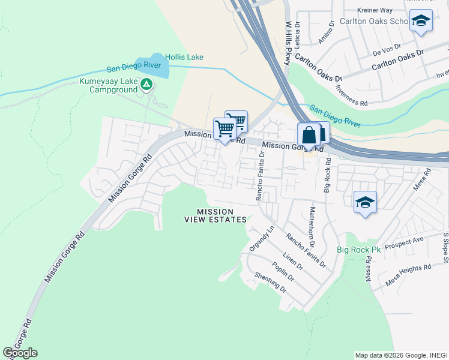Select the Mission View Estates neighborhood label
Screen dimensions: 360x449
pos(215,215)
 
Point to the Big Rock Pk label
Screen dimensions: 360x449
pos(352,249)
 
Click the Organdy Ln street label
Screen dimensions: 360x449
pos(262,239)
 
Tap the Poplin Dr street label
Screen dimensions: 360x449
pos(283,271)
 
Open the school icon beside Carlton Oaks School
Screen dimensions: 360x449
pos(421,22)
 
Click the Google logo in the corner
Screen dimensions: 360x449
pos(20,353)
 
